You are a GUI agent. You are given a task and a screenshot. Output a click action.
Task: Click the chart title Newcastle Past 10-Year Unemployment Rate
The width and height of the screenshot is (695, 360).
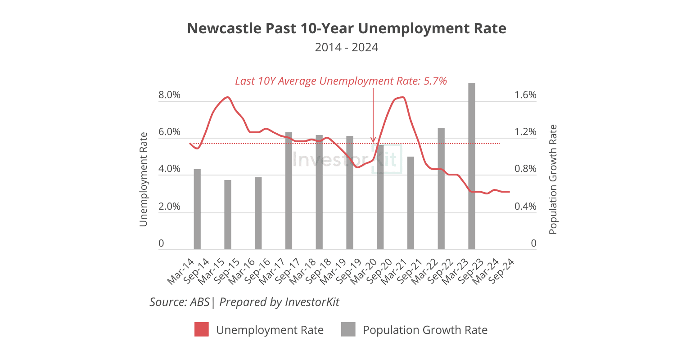point(347,28)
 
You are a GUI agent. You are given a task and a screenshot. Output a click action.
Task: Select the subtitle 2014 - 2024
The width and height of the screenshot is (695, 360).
point(347,47)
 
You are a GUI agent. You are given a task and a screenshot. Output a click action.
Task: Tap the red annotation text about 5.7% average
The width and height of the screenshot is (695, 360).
point(341,81)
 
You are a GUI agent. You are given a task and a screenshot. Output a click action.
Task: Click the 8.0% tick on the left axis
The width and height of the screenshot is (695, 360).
point(169,95)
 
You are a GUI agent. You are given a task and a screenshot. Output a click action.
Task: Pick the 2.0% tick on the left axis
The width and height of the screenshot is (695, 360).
point(169,207)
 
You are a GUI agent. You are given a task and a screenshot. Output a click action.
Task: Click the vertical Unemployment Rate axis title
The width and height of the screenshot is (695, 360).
point(143,179)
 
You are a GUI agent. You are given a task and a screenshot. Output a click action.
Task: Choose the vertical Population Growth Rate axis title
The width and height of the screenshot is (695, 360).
point(553,179)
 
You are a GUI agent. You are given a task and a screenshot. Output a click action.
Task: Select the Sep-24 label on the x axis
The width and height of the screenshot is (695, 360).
point(502,271)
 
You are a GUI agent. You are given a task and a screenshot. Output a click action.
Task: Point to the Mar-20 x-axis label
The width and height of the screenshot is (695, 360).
point(364,271)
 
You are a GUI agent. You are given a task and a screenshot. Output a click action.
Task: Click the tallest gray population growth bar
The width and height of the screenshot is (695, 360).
point(471,166)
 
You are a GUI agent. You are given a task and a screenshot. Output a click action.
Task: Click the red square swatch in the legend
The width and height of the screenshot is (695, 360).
point(202,329)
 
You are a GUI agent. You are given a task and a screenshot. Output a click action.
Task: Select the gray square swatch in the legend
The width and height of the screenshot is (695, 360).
point(348,329)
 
